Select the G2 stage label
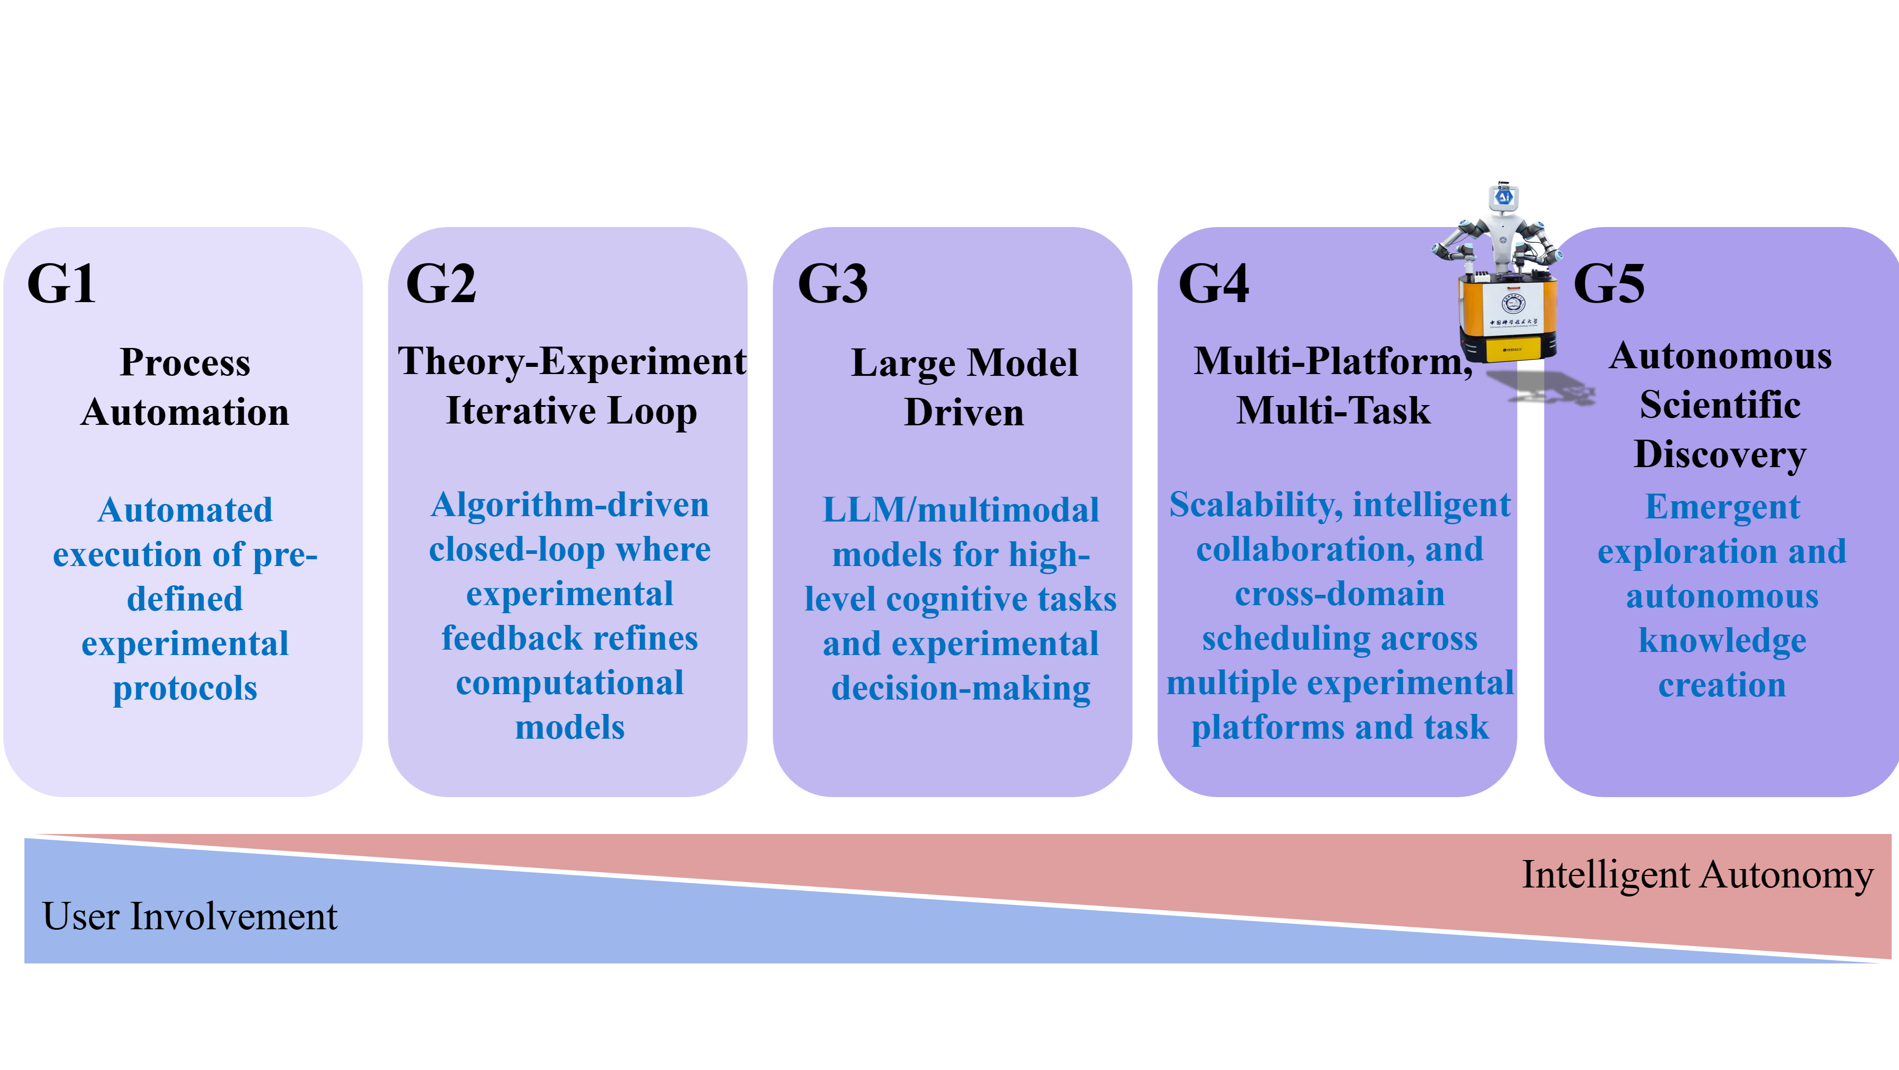point(441,283)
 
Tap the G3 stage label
point(832,283)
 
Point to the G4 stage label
point(1214,283)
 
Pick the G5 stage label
point(1609,283)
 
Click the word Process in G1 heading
point(185,363)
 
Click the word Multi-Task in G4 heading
point(1333,411)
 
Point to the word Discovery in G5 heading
point(1720,454)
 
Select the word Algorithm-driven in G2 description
point(570,506)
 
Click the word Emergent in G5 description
point(1722,507)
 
